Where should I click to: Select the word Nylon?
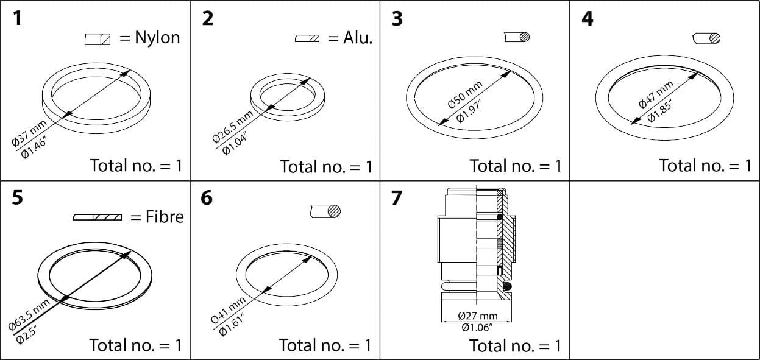[157, 38]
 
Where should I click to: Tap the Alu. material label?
[358, 38]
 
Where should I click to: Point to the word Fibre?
[165, 216]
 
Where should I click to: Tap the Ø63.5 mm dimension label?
[29, 316]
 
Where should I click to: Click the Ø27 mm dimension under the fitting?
[478, 316]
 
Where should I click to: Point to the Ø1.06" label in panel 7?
[478, 327]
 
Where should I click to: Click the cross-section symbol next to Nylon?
[98, 40]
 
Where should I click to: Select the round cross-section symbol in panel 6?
[325, 211]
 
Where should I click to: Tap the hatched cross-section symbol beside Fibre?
[98, 217]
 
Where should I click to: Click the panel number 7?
[397, 199]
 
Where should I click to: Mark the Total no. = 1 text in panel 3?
[515, 166]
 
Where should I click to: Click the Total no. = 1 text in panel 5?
[135, 345]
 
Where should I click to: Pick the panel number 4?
[587, 19]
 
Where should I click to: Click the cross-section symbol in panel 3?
[517, 37]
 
